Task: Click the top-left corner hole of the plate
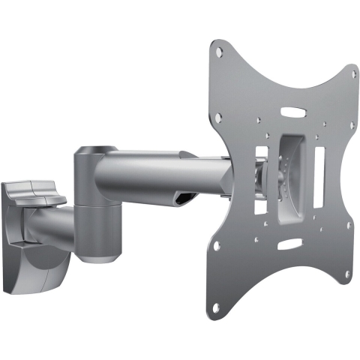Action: click(x=218, y=52)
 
